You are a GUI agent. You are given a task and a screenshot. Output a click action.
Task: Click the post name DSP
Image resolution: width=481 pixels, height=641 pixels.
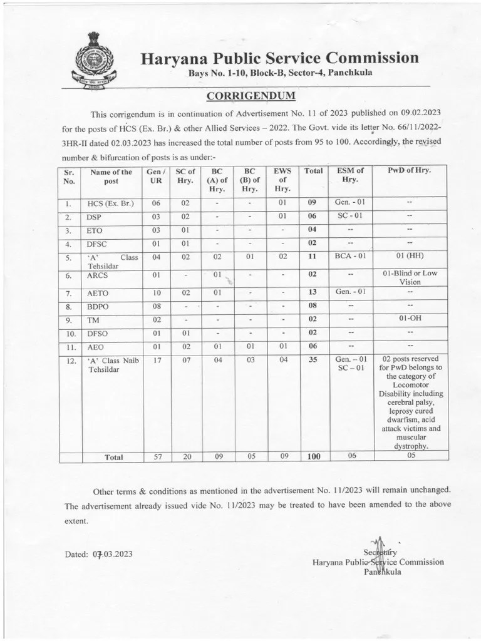tap(95, 217)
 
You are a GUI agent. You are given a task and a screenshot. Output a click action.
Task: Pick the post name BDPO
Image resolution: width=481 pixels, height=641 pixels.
tap(98, 306)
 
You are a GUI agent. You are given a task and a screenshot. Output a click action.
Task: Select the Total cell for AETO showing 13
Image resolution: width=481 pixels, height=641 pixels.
tap(313, 291)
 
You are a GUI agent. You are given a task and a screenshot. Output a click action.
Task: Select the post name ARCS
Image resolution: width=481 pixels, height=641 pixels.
tap(98, 275)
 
